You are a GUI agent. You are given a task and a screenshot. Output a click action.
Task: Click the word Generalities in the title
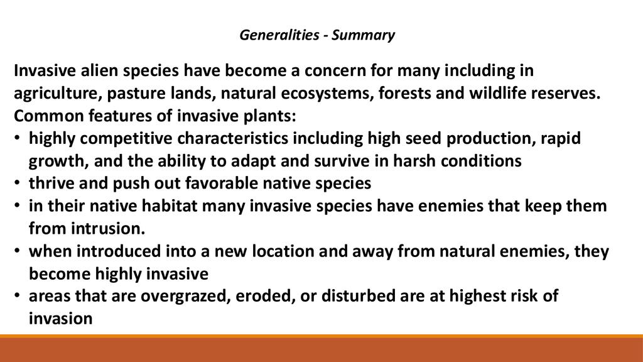(x=279, y=35)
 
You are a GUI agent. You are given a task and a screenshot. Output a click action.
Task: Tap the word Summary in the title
(x=364, y=36)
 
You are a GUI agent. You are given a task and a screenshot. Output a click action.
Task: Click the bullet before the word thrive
(x=17, y=182)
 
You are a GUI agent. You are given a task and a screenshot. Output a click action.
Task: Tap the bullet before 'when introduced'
(x=17, y=250)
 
